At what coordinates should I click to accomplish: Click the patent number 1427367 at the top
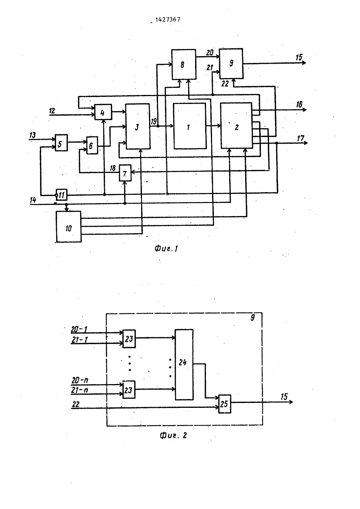[x=168, y=19]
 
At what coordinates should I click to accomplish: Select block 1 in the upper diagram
[x=190, y=126]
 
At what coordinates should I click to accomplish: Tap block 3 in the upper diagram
[x=138, y=126]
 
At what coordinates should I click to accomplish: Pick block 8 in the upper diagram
[x=184, y=64]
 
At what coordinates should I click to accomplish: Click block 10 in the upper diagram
[x=69, y=226]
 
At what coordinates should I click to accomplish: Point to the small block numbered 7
[x=125, y=173]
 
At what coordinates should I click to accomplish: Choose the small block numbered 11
[x=62, y=195]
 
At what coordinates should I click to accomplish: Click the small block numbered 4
[x=103, y=112]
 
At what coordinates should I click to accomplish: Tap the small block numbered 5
[x=61, y=143]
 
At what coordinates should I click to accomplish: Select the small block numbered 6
[x=92, y=145]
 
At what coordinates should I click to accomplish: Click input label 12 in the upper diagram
[x=52, y=111]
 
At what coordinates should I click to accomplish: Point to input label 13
[x=32, y=135]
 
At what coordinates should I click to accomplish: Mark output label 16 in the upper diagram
[x=299, y=104]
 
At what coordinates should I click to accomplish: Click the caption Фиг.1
[x=166, y=249]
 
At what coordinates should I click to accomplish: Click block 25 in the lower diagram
[x=225, y=404]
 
